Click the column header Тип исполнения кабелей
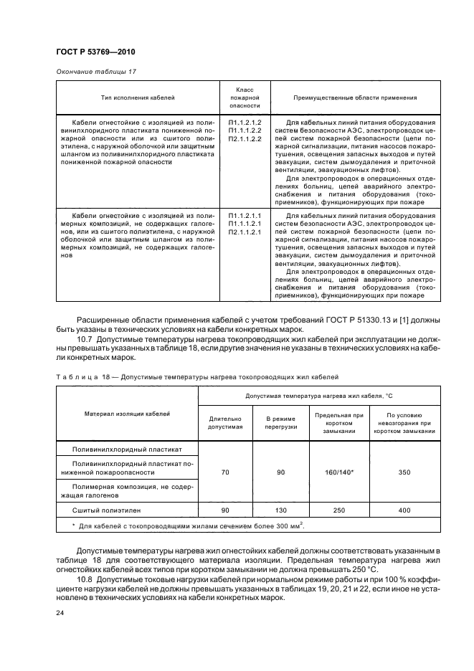click(x=137, y=97)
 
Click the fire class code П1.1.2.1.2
click(x=245, y=123)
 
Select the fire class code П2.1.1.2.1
click(x=245, y=232)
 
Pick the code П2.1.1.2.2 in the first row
click(x=245, y=138)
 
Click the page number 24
click(x=60, y=613)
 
